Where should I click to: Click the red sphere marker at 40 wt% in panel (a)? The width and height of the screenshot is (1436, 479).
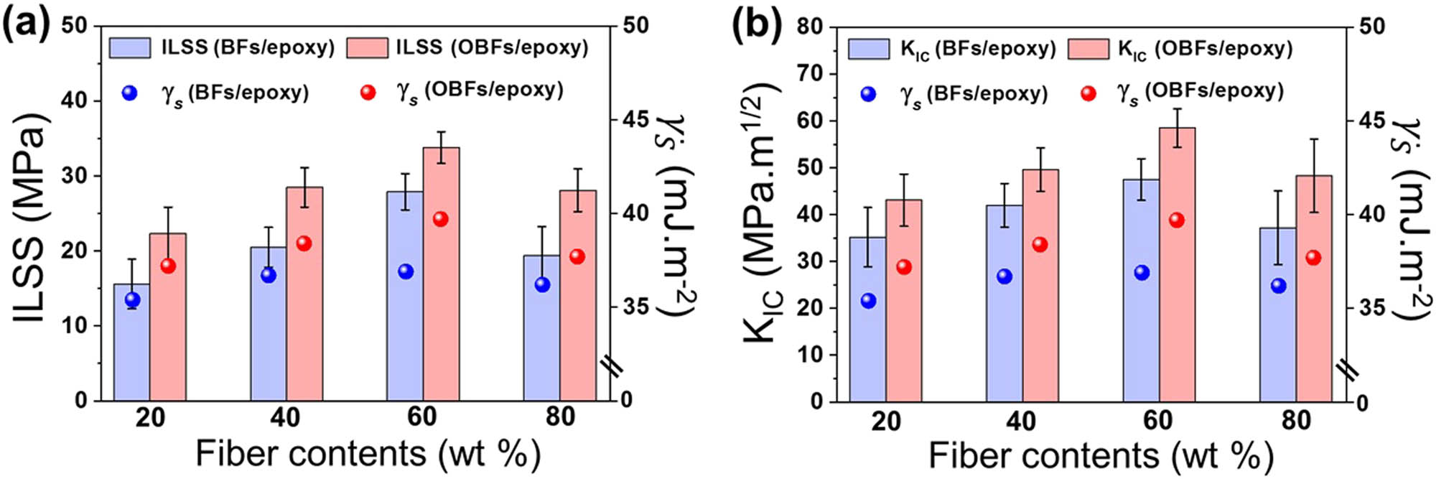304,243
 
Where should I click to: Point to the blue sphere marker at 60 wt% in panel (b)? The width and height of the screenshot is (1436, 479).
1142,272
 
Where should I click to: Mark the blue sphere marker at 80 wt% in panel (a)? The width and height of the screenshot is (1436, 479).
542,284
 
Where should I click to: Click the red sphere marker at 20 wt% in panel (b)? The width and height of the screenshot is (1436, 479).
904,267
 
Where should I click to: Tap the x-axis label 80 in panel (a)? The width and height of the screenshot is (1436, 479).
560,417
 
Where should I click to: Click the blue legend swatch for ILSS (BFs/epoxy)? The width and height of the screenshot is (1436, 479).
130,48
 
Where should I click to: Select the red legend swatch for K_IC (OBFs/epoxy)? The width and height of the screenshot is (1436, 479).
1088,49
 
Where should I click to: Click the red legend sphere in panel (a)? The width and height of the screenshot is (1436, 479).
368,93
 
